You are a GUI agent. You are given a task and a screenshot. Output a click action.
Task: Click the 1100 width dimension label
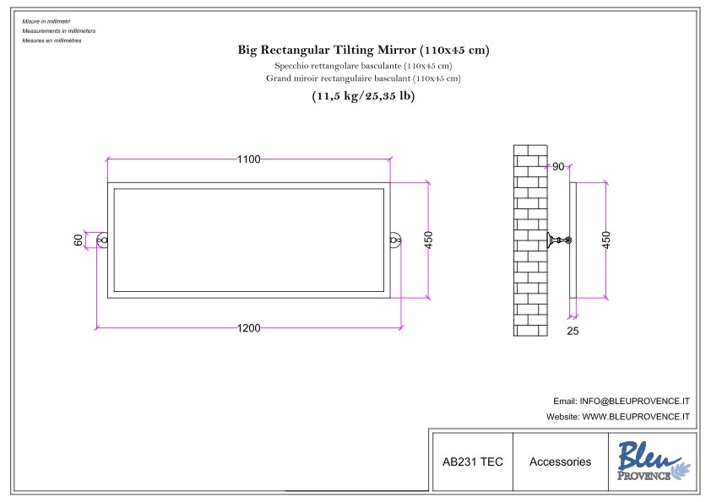tap(248, 159)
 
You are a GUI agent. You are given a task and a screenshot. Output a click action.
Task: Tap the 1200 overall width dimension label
tap(248, 328)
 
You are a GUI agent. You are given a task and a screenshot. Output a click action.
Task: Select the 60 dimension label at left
tap(79, 240)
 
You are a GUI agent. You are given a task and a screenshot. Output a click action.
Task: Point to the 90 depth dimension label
tap(557, 166)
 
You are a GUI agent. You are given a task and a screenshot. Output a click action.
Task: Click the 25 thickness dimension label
tap(573, 332)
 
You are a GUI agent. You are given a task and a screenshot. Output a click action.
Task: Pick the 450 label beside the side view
tap(606, 240)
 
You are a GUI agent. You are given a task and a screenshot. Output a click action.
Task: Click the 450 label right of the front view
tap(428, 240)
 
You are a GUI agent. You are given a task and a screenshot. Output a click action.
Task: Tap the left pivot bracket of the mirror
tap(103, 240)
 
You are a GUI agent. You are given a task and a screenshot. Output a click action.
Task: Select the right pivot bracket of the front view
tap(394, 240)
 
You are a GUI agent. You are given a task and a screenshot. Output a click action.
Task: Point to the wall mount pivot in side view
tap(558, 241)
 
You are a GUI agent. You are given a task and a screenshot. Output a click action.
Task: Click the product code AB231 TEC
tap(472, 462)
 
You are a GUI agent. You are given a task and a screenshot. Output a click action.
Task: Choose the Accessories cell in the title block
tap(560, 462)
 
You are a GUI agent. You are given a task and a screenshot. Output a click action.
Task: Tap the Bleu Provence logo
tap(651, 462)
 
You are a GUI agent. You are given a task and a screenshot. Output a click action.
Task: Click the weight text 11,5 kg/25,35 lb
tap(363, 96)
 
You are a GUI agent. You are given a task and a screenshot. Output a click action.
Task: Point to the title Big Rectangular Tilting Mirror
tap(363, 50)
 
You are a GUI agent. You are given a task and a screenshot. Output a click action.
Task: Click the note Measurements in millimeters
tap(59, 30)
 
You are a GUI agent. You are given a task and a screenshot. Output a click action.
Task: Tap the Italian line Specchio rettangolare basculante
tap(363, 65)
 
